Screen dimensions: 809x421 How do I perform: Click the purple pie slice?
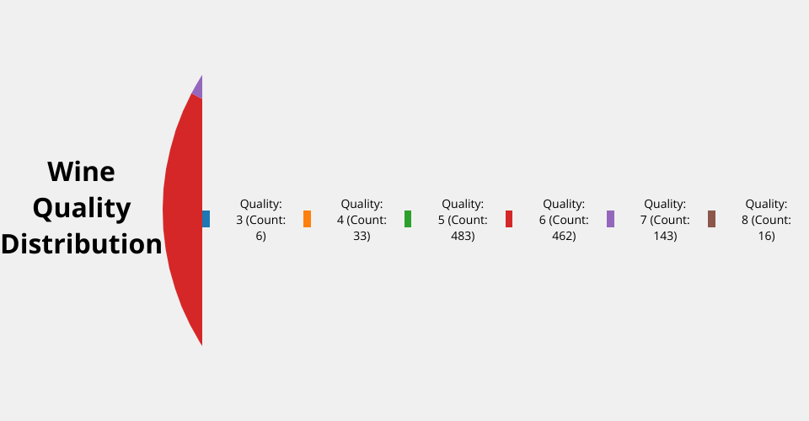[198, 88]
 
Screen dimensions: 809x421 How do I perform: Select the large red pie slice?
[183, 216]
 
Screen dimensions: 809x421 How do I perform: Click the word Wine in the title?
[82, 172]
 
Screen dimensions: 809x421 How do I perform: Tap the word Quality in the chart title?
[82, 208]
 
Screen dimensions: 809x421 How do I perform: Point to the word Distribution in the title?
[82, 244]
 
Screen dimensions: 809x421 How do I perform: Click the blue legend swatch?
[206, 219]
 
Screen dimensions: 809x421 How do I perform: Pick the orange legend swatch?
[307, 219]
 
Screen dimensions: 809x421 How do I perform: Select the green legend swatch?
[408, 219]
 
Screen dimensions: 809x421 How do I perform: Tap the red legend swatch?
[509, 219]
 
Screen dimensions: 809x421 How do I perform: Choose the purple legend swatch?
[610, 219]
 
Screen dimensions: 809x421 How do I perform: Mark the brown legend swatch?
[711, 219]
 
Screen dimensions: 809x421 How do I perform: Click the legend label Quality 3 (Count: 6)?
[261, 220]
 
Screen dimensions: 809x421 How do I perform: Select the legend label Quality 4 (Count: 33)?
[362, 220]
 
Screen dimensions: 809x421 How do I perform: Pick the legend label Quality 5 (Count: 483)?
[463, 220]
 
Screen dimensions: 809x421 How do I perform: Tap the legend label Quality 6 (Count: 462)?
[564, 220]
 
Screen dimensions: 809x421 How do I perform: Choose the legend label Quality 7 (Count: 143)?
[665, 220]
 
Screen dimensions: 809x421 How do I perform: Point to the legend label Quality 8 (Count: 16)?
[766, 220]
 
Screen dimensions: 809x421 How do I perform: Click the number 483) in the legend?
[463, 236]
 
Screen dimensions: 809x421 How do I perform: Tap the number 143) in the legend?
[665, 236]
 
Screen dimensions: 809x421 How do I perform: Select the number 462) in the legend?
[564, 236]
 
